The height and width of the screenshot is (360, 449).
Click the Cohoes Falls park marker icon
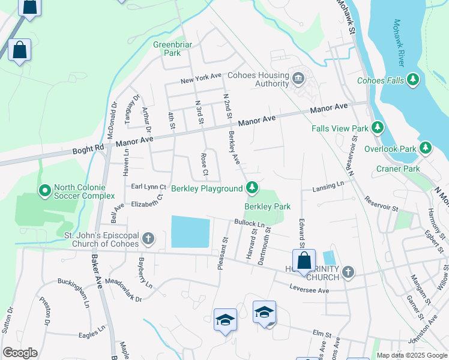412,80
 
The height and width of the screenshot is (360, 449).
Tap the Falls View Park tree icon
378,128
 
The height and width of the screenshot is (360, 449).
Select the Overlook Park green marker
426,148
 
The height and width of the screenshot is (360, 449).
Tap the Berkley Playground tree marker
253,188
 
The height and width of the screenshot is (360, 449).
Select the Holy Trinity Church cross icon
348,273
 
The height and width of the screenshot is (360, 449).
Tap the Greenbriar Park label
167,49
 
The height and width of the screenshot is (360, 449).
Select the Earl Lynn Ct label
149,187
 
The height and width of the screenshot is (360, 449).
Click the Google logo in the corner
20,353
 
